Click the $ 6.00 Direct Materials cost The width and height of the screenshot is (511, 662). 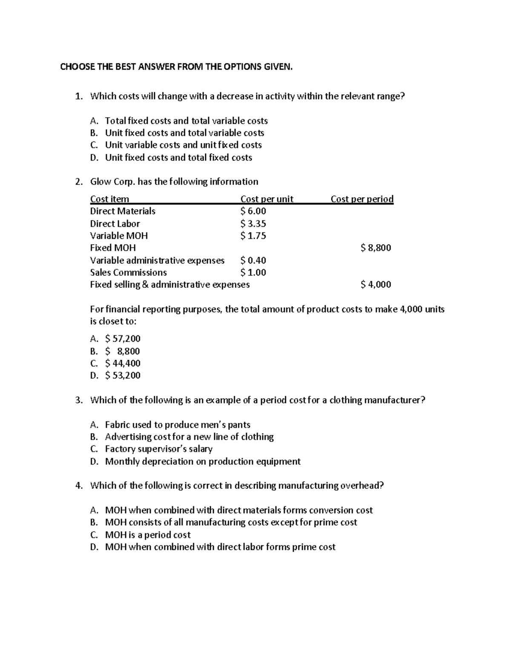(x=253, y=211)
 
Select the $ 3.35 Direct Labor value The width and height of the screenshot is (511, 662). (x=253, y=223)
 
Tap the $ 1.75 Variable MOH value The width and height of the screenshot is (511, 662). (x=253, y=236)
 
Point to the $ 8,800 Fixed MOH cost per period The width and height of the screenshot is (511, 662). (x=375, y=248)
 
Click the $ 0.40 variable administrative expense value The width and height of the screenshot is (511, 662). (x=253, y=260)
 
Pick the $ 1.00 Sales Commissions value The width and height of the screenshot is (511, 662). (x=253, y=272)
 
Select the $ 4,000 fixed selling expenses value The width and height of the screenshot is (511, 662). (x=375, y=284)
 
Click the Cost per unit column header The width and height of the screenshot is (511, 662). (x=267, y=199)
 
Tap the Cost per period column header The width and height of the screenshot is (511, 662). (x=362, y=199)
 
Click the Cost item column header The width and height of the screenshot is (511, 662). (x=109, y=199)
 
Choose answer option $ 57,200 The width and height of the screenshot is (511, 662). (x=123, y=338)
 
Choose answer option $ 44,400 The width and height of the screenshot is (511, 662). (x=123, y=363)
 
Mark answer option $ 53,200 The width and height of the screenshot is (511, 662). (x=123, y=375)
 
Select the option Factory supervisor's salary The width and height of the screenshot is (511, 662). (x=158, y=449)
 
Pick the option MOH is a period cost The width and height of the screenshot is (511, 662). (x=147, y=535)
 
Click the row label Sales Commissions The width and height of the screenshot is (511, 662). (x=128, y=272)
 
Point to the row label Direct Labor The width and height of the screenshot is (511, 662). (x=115, y=223)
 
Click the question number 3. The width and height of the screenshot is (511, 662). (x=78, y=400)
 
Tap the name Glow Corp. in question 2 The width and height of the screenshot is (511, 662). (x=112, y=182)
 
